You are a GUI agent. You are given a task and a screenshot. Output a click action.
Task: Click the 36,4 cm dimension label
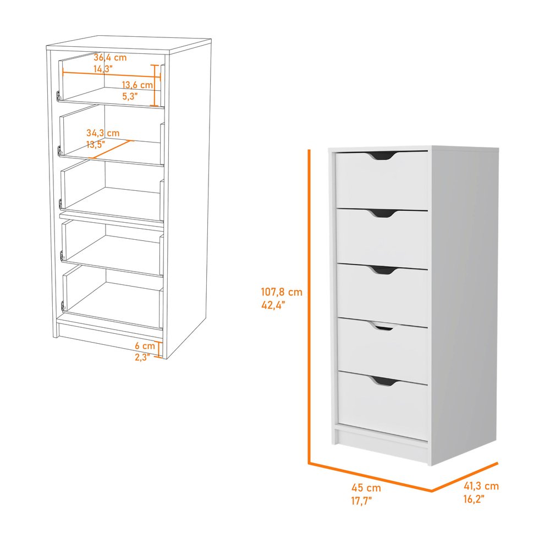point(110,57)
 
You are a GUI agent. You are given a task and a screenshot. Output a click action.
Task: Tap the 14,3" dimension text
point(103,69)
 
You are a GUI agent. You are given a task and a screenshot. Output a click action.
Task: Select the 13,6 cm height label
point(137,85)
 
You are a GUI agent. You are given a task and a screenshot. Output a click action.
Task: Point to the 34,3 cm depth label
point(102,133)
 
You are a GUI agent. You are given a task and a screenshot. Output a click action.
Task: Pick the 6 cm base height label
point(145,346)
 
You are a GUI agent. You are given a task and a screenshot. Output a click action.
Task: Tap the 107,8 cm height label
point(282,293)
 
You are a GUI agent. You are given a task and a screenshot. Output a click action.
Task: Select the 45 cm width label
point(366,488)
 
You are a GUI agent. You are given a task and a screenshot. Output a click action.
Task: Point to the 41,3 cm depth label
point(480,486)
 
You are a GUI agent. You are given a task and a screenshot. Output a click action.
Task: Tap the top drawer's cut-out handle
point(383,157)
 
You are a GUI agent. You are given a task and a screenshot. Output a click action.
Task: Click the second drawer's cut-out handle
point(383,213)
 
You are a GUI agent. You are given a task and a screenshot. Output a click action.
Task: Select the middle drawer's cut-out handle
point(383,270)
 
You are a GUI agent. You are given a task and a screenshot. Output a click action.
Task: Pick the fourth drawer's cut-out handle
point(384,327)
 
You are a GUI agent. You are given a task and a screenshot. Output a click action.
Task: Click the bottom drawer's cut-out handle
point(384,381)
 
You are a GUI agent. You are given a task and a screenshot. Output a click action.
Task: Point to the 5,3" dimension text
point(130,96)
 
